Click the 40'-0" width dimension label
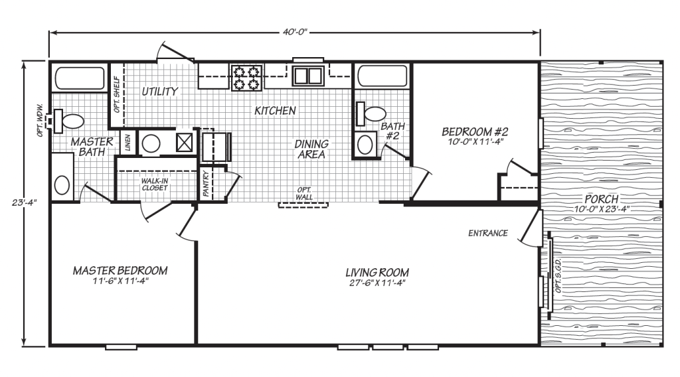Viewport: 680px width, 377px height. click(x=295, y=32)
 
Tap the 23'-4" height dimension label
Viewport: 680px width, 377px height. click(x=25, y=203)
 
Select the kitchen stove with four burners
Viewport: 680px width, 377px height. click(x=247, y=78)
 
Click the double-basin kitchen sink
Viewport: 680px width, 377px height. click(x=308, y=76)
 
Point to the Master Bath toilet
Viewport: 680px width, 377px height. click(x=68, y=121)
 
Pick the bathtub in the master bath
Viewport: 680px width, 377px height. click(x=80, y=78)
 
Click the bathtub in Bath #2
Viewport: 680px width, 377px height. click(x=382, y=76)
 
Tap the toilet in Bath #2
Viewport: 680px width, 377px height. click(x=371, y=114)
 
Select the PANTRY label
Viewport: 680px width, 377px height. click(x=206, y=183)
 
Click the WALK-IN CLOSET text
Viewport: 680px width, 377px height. click(x=154, y=184)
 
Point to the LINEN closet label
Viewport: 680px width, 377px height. click(x=127, y=143)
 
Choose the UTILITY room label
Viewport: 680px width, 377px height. click(x=160, y=92)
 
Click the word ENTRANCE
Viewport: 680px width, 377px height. click(x=488, y=233)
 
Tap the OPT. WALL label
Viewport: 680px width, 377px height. click(x=304, y=193)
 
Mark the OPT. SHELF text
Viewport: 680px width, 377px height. click(x=117, y=94)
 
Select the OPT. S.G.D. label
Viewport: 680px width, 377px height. click(x=558, y=275)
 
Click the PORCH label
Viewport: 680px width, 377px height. click(x=602, y=199)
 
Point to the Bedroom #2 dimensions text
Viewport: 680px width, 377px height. click(x=474, y=141)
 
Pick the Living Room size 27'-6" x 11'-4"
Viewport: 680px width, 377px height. click(x=377, y=283)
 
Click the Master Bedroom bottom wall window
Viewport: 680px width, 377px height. click(x=122, y=346)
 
